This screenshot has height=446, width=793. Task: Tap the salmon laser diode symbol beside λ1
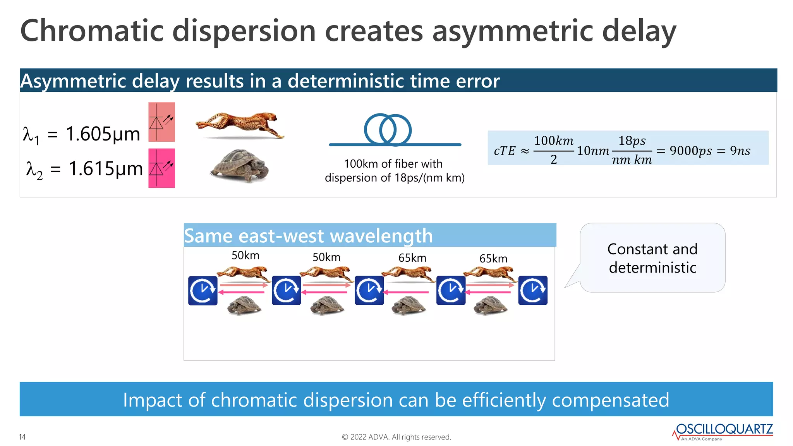(161, 122)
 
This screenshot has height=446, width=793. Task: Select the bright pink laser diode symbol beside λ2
(161, 168)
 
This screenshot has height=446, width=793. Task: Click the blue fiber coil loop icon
(388, 130)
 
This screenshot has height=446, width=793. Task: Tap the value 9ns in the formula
(740, 151)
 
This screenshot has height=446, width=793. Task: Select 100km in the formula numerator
(553, 141)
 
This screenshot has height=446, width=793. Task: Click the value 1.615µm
(105, 168)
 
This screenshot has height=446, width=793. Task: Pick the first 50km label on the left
(245, 256)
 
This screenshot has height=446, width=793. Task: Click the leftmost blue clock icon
(203, 290)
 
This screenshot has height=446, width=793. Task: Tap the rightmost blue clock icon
(533, 290)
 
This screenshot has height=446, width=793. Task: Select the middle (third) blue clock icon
(369, 290)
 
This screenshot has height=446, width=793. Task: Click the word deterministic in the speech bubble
(652, 268)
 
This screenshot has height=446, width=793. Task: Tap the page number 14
(22, 437)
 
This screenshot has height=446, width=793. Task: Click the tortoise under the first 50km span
(244, 305)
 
